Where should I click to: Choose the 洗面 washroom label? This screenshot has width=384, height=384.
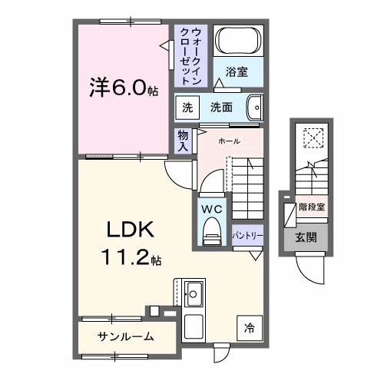[x=222, y=108]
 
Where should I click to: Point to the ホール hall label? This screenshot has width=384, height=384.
[x=229, y=141]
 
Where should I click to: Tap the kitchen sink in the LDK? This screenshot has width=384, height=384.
[x=193, y=294]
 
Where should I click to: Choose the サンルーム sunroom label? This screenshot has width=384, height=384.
[x=125, y=336]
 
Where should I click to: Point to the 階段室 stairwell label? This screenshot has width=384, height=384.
[x=311, y=207]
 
